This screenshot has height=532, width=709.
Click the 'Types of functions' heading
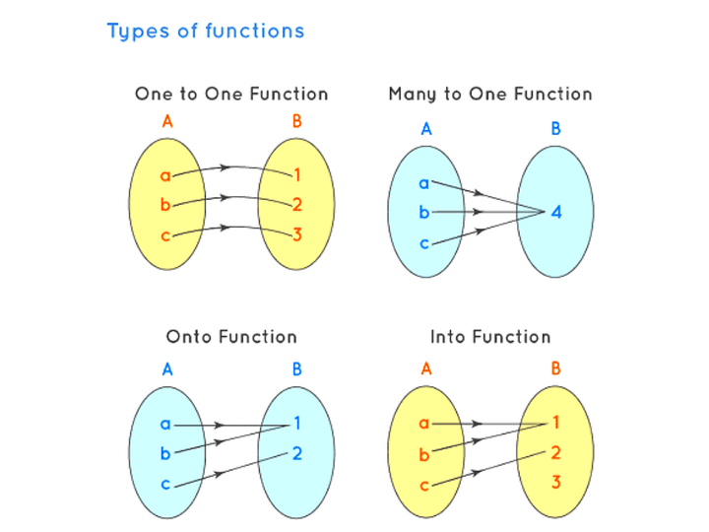pos(206,32)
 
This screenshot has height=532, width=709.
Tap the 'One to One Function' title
pos(231,95)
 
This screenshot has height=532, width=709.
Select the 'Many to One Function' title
pos(490,95)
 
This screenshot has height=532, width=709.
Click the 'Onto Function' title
pos(231,337)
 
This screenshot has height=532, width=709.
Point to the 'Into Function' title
pos(490,337)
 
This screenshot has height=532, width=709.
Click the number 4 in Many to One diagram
pos(556,212)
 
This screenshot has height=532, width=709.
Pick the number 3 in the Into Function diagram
pos(556,483)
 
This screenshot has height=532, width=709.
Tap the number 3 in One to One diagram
pos(296,234)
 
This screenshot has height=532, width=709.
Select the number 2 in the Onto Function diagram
pos(296,454)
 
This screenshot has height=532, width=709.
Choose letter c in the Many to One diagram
pos(424,242)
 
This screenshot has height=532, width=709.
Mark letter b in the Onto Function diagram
pos(164,455)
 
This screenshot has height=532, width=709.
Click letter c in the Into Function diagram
pos(424,486)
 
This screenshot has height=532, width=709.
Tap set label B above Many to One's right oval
pos(556,129)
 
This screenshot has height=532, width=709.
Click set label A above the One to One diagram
pos(166,123)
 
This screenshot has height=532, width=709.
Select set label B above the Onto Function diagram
pos(296,371)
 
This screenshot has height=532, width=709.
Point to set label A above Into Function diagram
pos(426,370)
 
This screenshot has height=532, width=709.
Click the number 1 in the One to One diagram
pos(296,176)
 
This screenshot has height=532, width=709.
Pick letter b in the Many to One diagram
pos(424,211)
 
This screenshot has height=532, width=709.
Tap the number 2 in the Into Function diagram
pos(556,453)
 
